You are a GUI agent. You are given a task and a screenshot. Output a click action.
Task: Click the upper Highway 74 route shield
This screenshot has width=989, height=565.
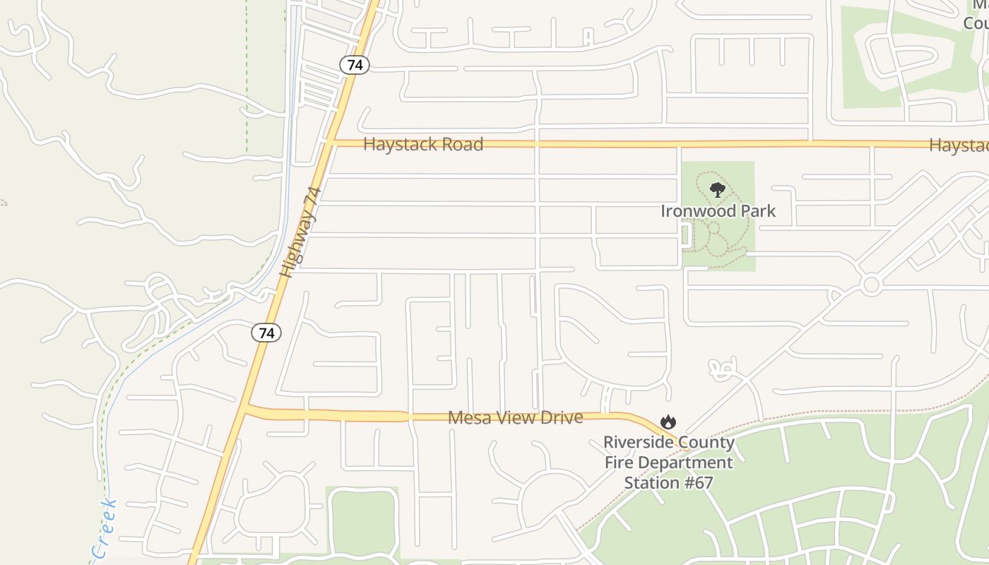355,65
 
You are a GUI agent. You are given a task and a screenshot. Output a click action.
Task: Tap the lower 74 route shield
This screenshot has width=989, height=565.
266,333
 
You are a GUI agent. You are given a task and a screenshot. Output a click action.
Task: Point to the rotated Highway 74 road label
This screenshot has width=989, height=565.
300,232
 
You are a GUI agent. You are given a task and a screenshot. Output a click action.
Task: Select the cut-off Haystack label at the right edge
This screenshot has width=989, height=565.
959,145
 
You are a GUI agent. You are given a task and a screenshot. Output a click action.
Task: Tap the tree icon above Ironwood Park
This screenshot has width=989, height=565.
718,190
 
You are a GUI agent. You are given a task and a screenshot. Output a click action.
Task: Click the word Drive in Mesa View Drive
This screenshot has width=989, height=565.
559,417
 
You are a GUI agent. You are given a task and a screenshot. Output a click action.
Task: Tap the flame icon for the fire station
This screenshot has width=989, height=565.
668,422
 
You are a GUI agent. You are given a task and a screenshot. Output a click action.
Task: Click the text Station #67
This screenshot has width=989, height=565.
668,483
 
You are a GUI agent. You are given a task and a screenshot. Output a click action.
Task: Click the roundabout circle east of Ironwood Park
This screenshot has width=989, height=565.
871,285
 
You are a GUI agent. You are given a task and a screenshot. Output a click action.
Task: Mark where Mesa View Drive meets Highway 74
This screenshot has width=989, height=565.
246,410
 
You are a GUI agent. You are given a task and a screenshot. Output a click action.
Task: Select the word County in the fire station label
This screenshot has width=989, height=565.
709,443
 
